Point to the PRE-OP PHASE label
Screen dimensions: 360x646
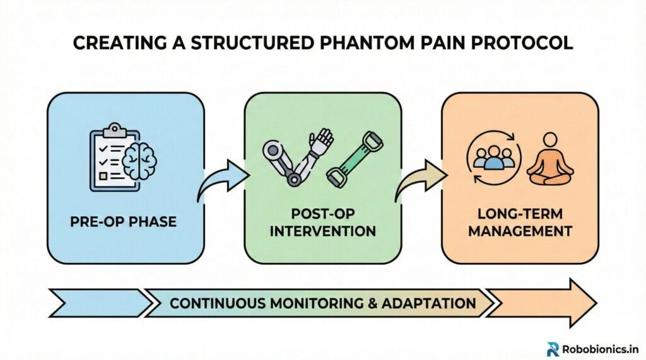124,223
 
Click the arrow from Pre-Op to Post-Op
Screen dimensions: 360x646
222,177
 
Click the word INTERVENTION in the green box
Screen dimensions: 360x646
322,231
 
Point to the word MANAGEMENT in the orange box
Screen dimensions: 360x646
519,231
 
